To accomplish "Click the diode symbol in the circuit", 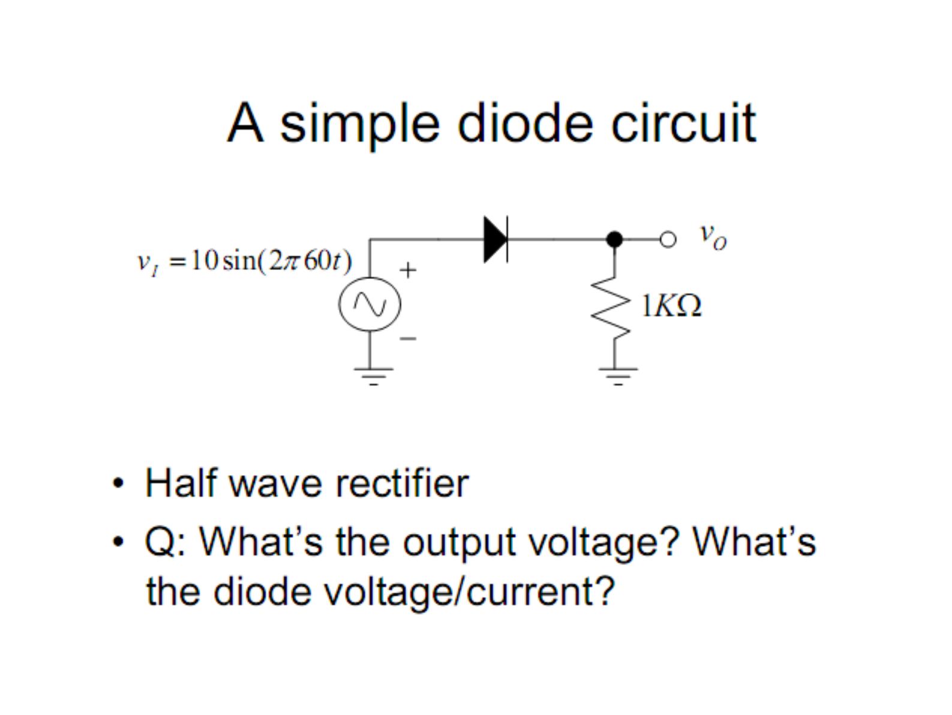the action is (x=495, y=239).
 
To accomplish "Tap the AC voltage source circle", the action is (x=370, y=304).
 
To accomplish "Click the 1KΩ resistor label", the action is (x=671, y=306).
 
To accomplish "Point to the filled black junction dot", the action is (x=614, y=239).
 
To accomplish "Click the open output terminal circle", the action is (x=668, y=239).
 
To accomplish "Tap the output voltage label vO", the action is (x=713, y=237).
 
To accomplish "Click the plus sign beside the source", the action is (x=408, y=270).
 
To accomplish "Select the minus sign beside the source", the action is (x=408, y=339).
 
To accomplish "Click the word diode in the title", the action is (x=525, y=123).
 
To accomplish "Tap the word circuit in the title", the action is (x=684, y=123).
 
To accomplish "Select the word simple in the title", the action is (x=360, y=126).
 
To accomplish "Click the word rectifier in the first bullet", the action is (x=402, y=483).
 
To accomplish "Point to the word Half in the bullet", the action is (x=181, y=483).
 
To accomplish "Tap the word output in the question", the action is (x=459, y=543).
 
